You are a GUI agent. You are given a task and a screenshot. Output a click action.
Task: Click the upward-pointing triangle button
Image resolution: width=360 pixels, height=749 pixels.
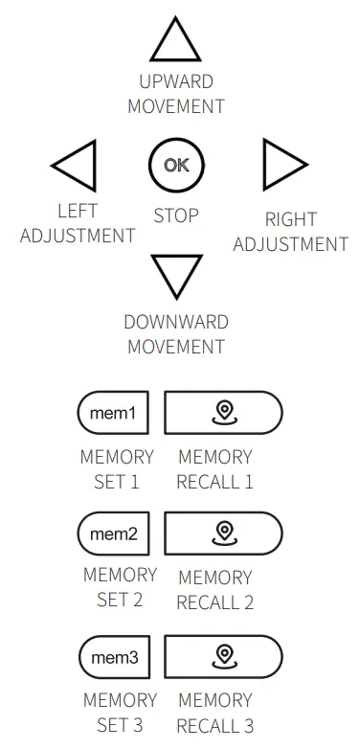pos(176,43)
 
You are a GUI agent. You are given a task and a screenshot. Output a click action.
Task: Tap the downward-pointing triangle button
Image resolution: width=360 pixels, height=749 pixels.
pos(176,276)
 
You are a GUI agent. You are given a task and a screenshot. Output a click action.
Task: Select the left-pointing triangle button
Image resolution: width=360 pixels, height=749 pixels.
pos(77,166)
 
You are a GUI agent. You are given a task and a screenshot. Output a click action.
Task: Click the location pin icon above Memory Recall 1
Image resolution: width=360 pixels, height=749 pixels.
pos(224,413)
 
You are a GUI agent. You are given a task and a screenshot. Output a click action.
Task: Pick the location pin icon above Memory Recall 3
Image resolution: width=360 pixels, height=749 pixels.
pos(224,656)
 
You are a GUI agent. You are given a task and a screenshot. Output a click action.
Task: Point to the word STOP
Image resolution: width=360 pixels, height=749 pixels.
pos(176,216)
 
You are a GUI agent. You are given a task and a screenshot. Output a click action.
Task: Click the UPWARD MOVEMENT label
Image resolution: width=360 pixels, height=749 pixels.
pos(176,94)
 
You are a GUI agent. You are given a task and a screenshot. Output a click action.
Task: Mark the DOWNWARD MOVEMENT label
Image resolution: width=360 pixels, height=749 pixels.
pos(175,333)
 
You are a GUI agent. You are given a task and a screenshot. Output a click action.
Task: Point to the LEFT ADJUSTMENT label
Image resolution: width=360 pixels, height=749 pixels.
pos(78,223)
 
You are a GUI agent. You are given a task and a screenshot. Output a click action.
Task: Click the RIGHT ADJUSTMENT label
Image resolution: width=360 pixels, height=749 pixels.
pos(290,232)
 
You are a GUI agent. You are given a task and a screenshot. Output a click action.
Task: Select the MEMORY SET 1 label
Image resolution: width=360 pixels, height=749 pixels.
pos(117,469)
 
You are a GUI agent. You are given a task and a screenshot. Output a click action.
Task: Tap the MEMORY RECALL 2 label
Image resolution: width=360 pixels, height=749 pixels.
pos(215,590)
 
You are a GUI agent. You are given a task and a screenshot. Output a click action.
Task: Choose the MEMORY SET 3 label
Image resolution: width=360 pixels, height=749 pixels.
pos(120,713)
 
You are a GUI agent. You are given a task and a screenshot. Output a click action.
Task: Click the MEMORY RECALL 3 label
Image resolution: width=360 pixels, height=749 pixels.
pos(215,713)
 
